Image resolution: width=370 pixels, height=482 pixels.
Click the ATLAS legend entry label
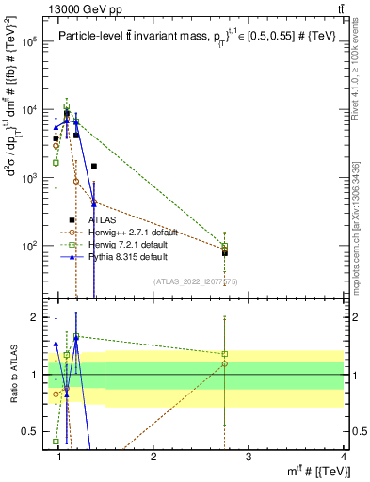pos(103,220)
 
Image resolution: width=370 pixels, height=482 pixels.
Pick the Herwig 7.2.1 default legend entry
pos(123,245)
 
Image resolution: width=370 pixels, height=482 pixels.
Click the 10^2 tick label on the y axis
pos(30,246)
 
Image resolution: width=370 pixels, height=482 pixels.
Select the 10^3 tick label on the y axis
pos(30,178)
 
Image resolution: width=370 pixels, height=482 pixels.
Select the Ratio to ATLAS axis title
pos(12,375)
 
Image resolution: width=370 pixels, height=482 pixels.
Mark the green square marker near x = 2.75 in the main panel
pos(225,246)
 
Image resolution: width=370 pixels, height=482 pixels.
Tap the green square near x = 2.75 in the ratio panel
pos(225,355)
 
